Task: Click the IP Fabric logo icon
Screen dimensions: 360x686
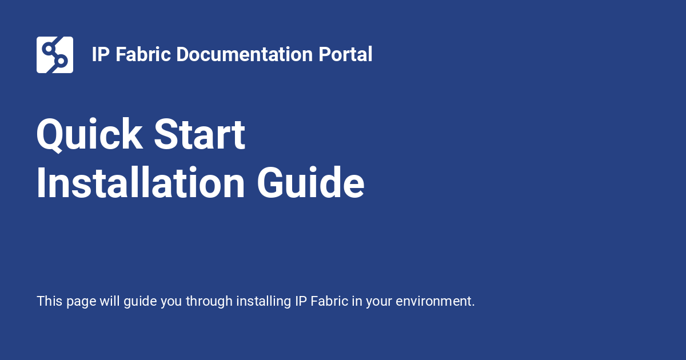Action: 55,55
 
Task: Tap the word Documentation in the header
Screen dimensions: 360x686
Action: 244,55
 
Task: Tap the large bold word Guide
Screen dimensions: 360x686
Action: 310,183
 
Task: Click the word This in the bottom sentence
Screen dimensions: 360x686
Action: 49,301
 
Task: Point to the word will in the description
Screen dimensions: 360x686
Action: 110,301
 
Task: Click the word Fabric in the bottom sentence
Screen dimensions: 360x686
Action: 329,301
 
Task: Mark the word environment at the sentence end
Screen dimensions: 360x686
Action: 435,301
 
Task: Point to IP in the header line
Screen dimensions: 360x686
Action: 101,55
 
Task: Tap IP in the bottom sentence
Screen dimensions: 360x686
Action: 301,301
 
